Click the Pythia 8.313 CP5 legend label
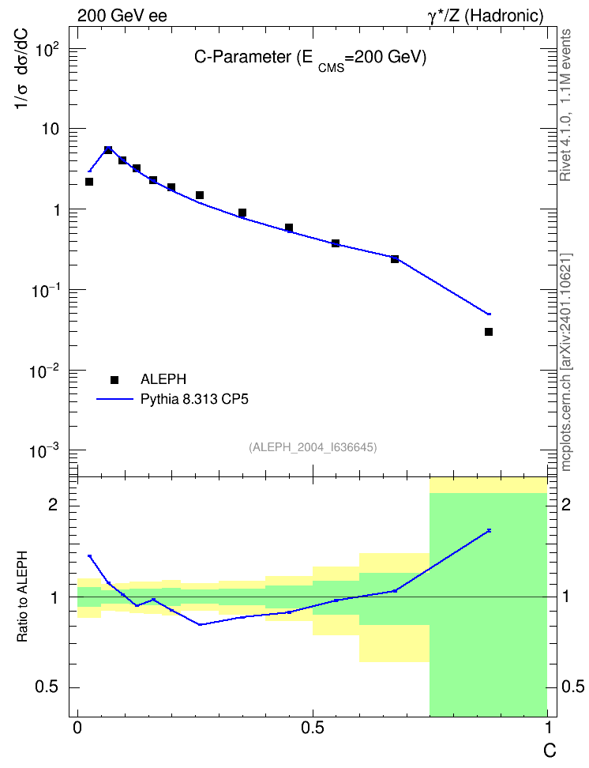(x=194, y=399)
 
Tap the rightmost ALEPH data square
(x=489, y=332)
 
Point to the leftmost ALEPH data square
(x=89, y=182)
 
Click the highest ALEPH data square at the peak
(x=108, y=150)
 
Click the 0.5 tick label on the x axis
(x=313, y=728)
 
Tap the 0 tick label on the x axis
(x=77, y=728)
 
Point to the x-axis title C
(x=550, y=751)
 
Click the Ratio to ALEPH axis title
(x=23, y=597)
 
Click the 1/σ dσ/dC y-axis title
(x=21, y=69)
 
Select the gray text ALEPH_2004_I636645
(x=313, y=447)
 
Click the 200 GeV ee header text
(x=122, y=16)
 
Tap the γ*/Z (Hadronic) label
(x=486, y=16)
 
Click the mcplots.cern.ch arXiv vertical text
(x=566, y=363)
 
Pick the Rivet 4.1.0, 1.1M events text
(x=565, y=105)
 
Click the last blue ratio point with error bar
(x=489, y=530)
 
